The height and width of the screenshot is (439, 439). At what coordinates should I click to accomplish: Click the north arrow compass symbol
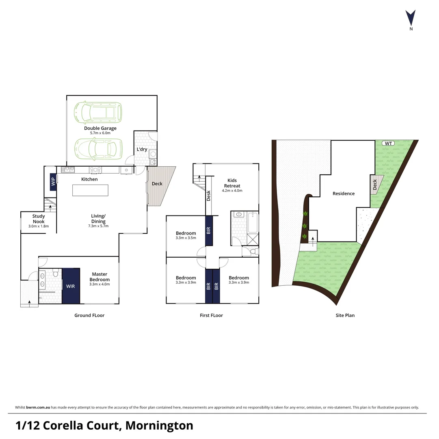[x=411, y=18]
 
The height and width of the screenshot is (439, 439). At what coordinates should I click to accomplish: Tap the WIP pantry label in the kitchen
[x=53, y=182]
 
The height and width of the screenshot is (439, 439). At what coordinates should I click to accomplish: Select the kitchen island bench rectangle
[x=90, y=190]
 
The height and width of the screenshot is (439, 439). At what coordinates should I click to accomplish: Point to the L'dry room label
[x=142, y=149]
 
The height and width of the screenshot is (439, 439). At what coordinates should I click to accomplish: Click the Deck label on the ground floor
[x=157, y=184]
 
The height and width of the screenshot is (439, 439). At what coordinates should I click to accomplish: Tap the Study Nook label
[x=39, y=219]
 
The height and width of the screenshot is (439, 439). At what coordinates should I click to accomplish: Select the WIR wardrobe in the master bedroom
[x=71, y=286]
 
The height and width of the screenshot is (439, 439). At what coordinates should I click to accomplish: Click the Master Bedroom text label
[x=99, y=277]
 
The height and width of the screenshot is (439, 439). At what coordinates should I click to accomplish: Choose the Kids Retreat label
[x=232, y=183]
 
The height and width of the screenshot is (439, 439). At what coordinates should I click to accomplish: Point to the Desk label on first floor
[x=209, y=196]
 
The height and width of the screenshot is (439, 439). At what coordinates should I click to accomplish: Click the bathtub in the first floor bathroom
[x=253, y=222]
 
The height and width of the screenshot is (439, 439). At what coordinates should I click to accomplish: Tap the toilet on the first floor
[x=253, y=252]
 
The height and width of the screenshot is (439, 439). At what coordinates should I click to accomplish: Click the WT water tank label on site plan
[x=389, y=143]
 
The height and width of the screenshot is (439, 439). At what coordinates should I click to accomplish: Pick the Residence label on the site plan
[x=344, y=193]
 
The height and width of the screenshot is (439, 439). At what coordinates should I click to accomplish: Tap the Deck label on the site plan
[x=374, y=185]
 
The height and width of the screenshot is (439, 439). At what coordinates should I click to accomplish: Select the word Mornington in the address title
[x=159, y=426]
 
